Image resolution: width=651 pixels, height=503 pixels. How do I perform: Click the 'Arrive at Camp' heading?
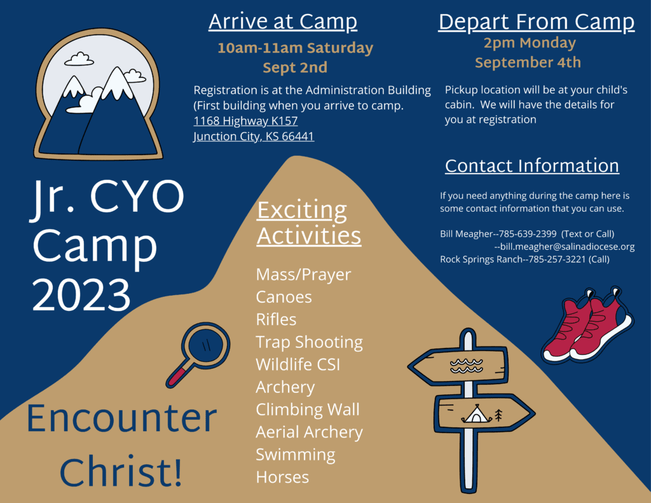pyautogui.click(x=283, y=22)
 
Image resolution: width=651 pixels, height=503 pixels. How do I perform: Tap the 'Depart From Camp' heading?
pyautogui.click(x=537, y=22)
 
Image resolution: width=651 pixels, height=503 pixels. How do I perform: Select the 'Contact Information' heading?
pyautogui.click(x=532, y=166)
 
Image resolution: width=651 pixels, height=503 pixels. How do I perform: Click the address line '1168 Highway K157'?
pyautogui.click(x=245, y=121)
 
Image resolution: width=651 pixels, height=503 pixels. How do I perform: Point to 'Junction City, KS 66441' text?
pyautogui.click(x=254, y=136)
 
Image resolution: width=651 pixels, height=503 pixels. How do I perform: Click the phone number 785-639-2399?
pyautogui.click(x=527, y=234)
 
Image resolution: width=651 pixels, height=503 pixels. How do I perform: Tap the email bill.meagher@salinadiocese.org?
pyautogui.click(x=567, y=247)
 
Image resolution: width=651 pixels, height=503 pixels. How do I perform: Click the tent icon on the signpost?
pyautogui.click(x=476, y=414)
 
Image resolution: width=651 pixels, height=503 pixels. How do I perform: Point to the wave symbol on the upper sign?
pyautogui.click(x=467, y=366)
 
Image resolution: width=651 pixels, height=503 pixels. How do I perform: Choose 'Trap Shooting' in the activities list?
pyautogui.click(x=310, y=342)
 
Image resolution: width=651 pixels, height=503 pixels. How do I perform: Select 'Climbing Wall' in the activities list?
pyautogui.click(x=308, y=410)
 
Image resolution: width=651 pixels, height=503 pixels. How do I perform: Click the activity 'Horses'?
pyautogui.click(x=282, y=478)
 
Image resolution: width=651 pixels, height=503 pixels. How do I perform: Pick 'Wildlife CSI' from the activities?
pyautogui.click(x=298, y=364)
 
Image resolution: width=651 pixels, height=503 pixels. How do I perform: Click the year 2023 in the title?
pyautogui.click(x=81, y=295)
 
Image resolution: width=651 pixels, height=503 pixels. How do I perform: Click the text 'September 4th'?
pyautogui.click(x=528, y=63)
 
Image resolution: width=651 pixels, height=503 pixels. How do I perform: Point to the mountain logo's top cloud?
pyautogui.click(x=79, y=59)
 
